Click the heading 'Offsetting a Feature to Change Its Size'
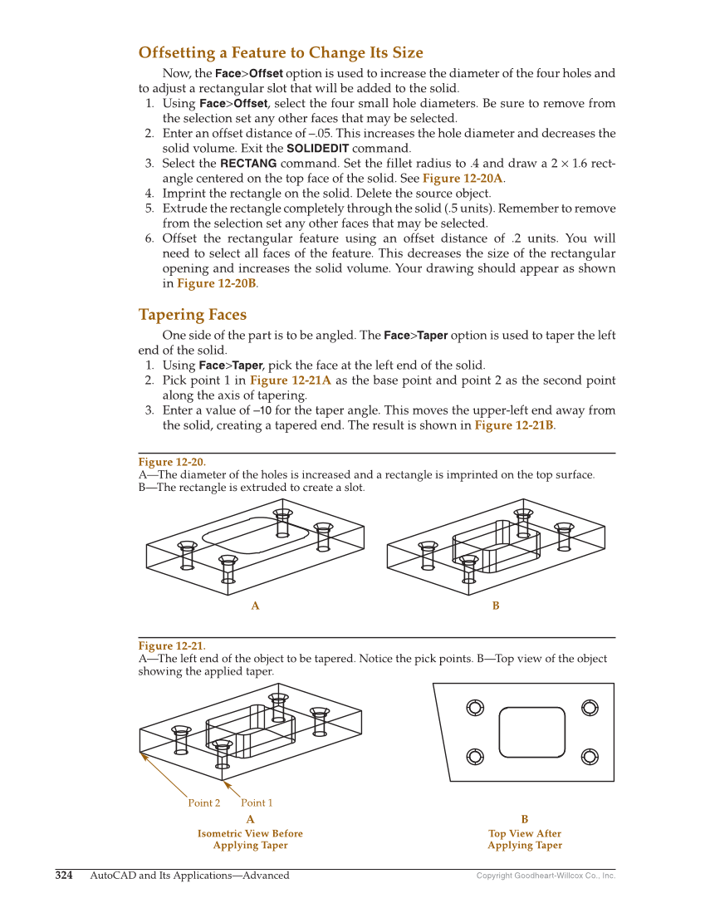281,53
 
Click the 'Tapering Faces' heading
192,315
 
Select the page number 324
64,875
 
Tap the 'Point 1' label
257,802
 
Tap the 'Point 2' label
204,802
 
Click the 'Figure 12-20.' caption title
171,462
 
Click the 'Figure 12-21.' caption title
171,645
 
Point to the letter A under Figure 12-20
255,606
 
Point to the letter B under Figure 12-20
496,606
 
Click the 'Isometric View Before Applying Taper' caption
250,839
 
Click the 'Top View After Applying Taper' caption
525,839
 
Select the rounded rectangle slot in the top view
532,732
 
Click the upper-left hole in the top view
475,708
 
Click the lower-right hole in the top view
590,757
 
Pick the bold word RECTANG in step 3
248,164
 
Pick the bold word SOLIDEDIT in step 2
317,149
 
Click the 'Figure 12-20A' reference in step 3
463,179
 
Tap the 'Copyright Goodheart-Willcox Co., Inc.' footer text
546,876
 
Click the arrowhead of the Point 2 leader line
143,755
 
